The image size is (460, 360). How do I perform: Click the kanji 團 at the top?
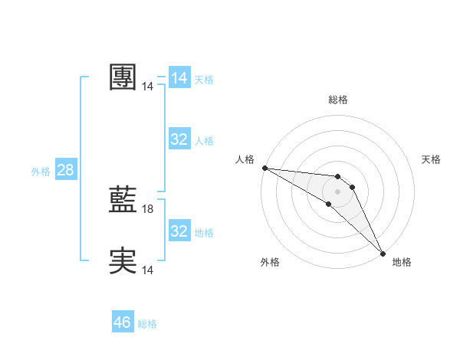123,77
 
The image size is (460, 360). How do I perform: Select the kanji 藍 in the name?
123,201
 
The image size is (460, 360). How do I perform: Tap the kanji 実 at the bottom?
123,261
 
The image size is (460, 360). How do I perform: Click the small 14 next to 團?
148,87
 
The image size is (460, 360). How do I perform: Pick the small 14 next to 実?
148,270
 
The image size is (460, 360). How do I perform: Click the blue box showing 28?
65,170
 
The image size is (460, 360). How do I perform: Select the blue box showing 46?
123,322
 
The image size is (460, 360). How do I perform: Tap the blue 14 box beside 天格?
179,78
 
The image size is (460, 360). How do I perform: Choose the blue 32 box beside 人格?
179,139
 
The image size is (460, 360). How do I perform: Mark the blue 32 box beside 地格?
179,231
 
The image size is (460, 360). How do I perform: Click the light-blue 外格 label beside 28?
41,172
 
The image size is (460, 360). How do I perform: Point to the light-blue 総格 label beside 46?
147,324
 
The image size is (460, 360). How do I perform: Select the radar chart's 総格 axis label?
337,100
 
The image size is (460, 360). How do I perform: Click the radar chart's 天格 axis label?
431,159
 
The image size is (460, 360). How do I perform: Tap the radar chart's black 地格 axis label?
402,262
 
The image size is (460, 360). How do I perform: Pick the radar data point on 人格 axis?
264,168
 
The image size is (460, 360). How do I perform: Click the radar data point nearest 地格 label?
383,253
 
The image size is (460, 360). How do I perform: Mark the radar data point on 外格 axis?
329,204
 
